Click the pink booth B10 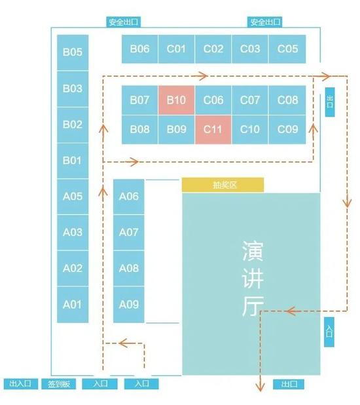point(176,100)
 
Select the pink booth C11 point(213,129)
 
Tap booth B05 point(73,52)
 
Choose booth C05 point(287,48)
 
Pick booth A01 point(73,305)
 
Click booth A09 point(129,305)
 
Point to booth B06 point(139,48)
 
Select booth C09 point(287,129)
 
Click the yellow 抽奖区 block point(223,185)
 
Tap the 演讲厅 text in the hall point(253,279)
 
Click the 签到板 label point(59,384)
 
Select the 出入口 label point(21,383)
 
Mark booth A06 point(129,197)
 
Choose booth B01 point(73,161)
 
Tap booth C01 point(176,48)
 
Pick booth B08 point(139,129)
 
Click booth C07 point(249,100)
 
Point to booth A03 point(73,233)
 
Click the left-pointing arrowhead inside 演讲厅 point(290,311)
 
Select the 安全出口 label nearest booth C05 point(265,22)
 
